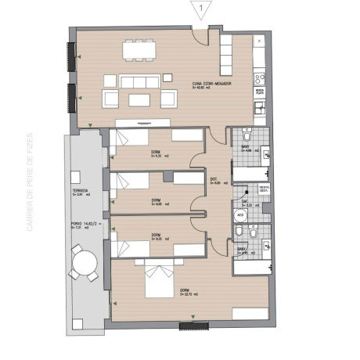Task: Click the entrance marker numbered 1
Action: click(x=202, y=10)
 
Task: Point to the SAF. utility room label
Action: click(x=245, y=203)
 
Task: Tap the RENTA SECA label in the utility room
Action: click(x=265, y=189)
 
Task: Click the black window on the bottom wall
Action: click(x=192, y=326)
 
